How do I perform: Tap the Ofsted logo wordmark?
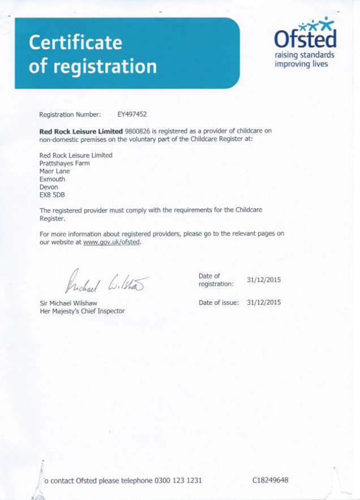point(305,38)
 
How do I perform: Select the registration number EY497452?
point(132,114)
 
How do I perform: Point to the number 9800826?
point(138,131)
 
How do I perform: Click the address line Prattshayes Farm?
point(64,163)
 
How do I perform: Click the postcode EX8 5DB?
point(52,195)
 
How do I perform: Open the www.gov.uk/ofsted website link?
point(112,242)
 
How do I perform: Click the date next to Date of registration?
point(264,280)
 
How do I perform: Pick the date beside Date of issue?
point(264,303)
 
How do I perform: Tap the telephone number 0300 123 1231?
point(178,481)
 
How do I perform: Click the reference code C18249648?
point(271,480)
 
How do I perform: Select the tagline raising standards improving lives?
point(304,59)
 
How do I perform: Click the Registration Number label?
point(70,114)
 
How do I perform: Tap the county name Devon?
point(49,187)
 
